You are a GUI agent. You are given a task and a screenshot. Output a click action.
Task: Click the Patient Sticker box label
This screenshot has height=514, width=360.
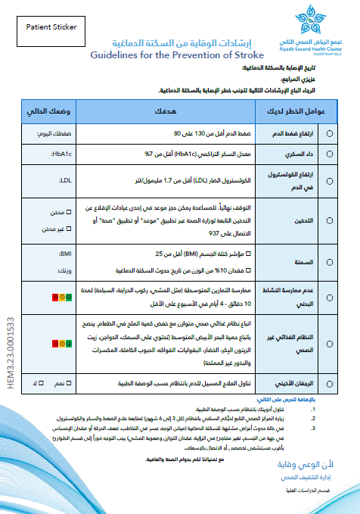51,26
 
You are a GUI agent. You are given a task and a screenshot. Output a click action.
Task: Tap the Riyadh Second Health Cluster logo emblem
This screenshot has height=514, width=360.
313,18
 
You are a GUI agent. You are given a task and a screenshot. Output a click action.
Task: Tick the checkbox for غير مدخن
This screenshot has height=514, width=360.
70,229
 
